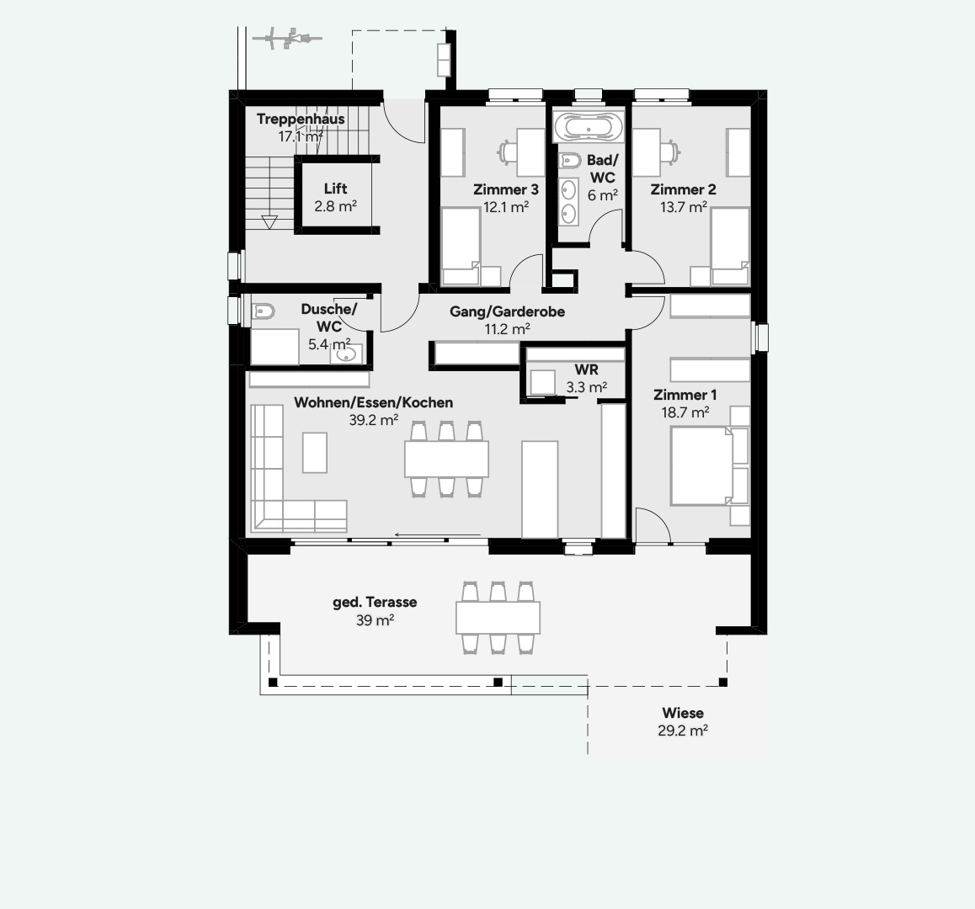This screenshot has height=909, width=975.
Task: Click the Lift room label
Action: pos(335,189)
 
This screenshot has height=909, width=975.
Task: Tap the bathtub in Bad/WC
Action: pos(589,129)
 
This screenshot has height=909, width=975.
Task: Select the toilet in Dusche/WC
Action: pos(264,311)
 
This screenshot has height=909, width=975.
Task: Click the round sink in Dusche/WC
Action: pos(346,355)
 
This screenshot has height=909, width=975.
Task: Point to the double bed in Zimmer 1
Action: pos(701,466)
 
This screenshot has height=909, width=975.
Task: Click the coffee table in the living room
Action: pos(315,453)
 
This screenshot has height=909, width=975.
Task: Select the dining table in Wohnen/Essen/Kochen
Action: pos(446,460)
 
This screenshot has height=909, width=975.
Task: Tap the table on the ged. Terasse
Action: pos(498,617)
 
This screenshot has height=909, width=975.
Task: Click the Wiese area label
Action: pos(682,713)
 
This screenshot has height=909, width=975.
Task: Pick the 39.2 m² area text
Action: pos(373,420)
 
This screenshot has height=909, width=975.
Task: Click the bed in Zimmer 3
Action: pos(461,247)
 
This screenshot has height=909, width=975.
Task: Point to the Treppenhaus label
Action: pos(301,119)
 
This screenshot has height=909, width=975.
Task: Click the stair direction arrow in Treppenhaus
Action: pos(269,222)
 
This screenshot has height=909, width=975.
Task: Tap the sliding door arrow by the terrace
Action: pos(438,534)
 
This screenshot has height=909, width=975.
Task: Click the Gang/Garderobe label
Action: pos(507,311)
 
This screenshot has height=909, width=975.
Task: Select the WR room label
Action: pos(586,370)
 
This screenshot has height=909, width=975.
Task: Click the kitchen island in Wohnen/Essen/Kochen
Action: pos(540,488)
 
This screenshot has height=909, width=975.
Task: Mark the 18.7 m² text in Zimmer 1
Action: pos(685,412)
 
